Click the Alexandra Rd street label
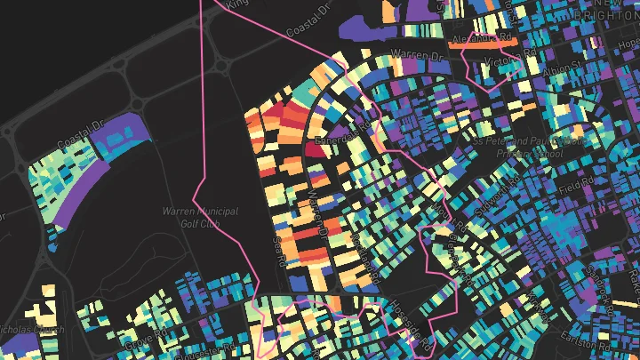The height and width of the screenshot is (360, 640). tap(483, 40)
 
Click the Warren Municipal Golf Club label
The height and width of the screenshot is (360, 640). tap(190, 217)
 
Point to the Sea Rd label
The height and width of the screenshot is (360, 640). tap(284, 250)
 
